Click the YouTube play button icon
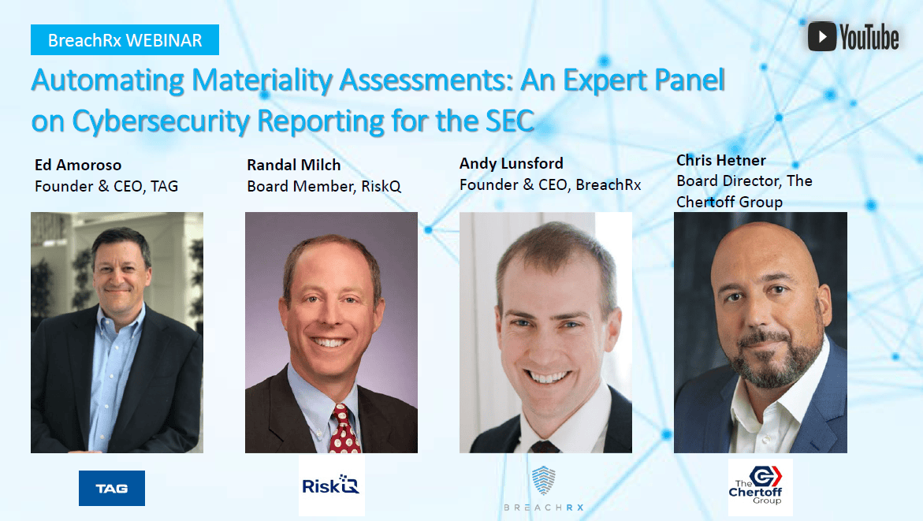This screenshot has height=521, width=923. point(822,36)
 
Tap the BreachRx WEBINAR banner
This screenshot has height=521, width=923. point(125,39)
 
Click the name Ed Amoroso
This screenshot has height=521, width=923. point(78,166)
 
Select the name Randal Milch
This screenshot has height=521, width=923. point(293,165)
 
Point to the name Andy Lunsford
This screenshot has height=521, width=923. point(511,163)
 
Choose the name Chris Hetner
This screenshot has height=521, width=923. point(720,160)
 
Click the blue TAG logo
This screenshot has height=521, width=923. point(112,489)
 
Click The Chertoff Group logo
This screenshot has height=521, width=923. point(760,487)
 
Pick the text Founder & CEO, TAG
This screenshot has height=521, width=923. point(106,187)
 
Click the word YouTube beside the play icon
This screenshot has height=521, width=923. point(869,37)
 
